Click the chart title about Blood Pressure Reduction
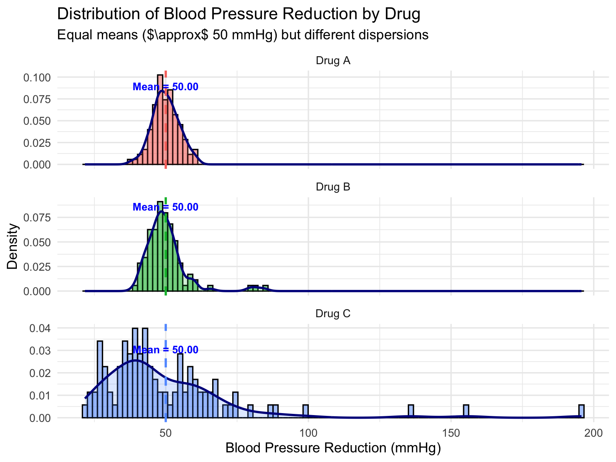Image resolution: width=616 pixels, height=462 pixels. (x=239, y=14)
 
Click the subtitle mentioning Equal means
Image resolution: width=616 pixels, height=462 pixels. (x=243, y=35)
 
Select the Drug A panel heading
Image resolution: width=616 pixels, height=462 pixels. (x=333, y=61)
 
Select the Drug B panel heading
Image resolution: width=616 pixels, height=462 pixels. (x=333, y=187)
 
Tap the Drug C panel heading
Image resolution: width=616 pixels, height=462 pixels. (x=333, y=313)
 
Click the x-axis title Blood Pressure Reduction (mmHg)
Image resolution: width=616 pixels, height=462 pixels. (x=333, y=448)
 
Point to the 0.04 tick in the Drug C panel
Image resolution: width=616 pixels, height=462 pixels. (x=42, y=328)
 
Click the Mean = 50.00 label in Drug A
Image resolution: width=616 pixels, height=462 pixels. (x=165, y=87)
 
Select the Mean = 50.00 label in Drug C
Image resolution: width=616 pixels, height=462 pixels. (x=165, y=350)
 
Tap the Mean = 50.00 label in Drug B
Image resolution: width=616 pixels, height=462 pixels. (x=165, y=207)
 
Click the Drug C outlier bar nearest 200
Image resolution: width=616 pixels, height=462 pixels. (x=582, y=412)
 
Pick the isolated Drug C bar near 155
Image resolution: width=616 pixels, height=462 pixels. (x=466, y=412)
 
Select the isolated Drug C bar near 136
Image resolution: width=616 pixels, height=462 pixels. (x=411, y=412)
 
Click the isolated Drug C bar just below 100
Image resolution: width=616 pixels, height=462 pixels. (x=306, y=412)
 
